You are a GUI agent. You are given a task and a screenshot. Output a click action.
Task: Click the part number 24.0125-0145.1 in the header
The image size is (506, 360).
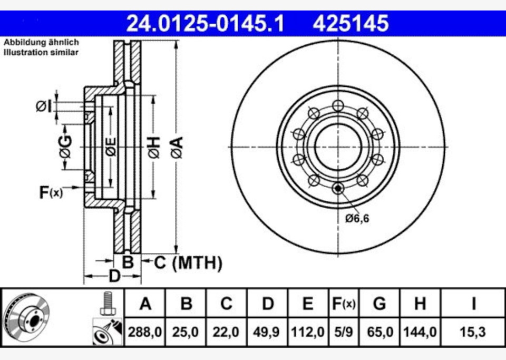point(205,24)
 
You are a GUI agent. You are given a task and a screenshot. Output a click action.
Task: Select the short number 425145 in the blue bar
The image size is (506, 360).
point(351,24)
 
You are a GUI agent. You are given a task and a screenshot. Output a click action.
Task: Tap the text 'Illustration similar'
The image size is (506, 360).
point(41,52)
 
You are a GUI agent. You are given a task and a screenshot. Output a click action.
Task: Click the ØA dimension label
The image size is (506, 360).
point(177,147)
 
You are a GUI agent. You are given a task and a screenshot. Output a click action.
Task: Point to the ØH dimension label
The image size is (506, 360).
point(154,148)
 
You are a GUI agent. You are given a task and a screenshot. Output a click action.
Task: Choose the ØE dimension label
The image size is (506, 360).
point(111,147)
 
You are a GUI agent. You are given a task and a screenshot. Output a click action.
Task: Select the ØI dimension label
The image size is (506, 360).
point(44,106)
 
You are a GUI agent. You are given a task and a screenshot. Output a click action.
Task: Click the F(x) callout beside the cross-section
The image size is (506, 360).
point(51,192)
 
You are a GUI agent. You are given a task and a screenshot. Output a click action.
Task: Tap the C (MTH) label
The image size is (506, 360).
point(188,262)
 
